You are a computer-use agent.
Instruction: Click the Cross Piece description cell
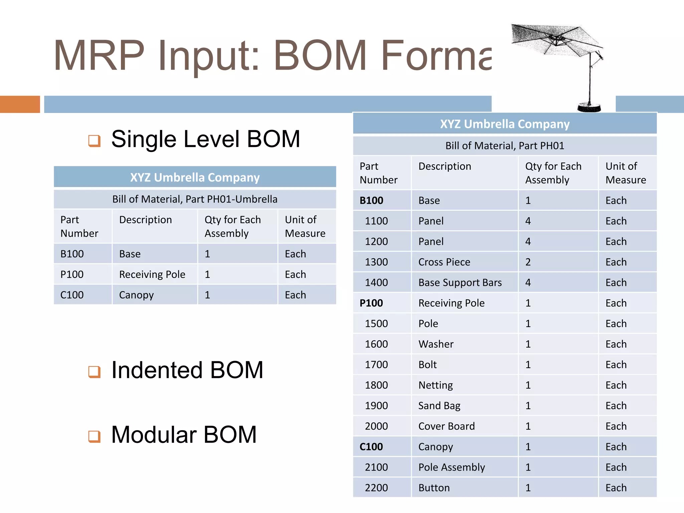pos(444,262)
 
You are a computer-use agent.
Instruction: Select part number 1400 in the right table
pos(376,283)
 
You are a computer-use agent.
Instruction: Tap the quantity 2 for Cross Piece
pos(528,262)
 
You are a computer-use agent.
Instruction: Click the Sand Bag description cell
pos(439,406)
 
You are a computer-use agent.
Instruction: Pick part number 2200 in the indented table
pos(376,488)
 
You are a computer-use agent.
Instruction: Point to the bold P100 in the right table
pos(371,303)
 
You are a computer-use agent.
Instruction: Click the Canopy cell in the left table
pos(136,295)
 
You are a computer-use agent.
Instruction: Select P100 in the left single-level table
pos(72,275)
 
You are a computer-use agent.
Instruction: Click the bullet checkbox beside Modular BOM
pos(94,436)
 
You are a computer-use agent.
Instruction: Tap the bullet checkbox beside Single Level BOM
pos(94,141)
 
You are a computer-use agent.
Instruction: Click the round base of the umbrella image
pos(589,108)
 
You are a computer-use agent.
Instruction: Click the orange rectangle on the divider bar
pos(20,104)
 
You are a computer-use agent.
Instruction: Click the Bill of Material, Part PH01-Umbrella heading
pos(195,199)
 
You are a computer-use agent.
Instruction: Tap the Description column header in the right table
pos(445,166)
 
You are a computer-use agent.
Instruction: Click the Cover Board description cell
pos(447,426)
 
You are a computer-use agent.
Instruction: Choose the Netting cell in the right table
pos(436,385)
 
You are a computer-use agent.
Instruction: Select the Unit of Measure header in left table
pos(305,226)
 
